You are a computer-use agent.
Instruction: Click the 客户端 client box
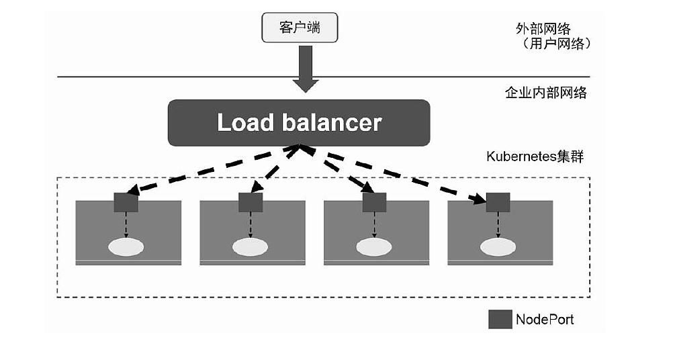299,28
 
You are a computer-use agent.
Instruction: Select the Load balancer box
299,123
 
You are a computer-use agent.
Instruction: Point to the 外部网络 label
543,28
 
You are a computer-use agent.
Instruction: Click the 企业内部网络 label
545,93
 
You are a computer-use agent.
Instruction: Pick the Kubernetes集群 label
535,156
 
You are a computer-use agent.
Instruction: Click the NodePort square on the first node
126,201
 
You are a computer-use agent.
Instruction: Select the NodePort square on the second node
251,201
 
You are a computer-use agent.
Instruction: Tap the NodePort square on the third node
374,201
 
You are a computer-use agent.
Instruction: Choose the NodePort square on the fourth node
498,201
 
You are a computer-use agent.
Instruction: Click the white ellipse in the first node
126,246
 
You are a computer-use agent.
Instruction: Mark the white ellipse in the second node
251,246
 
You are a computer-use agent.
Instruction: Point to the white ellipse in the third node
374,246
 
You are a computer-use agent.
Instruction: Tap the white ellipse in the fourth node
498,246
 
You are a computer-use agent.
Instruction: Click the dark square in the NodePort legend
500,319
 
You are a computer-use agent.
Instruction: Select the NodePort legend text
545,319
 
